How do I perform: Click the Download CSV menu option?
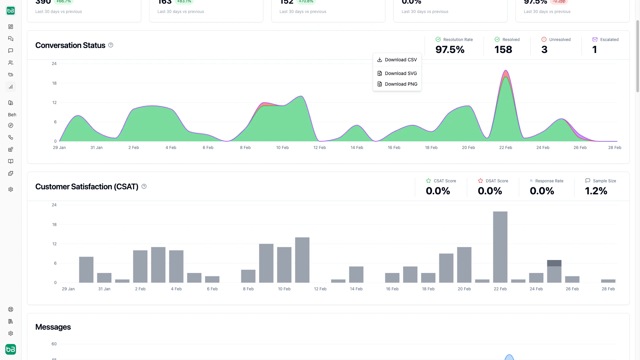pos(397,60)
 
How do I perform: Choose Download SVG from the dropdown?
pos(397,73)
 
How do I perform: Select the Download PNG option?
pos(397,84)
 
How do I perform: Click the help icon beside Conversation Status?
pos(111,45)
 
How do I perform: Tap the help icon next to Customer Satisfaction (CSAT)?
pos(144,186)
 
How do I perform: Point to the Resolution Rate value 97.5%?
pos(450,50)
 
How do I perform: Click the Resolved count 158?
pos(503,50)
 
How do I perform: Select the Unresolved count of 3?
pos(544,50)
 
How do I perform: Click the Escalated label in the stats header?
pos(609,39)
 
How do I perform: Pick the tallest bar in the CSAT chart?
pos(500,247)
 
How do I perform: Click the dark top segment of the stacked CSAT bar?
pos(554,263)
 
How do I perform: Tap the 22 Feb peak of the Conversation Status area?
pos(506,71)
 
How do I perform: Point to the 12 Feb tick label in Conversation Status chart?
pos(319,147)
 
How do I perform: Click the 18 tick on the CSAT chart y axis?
pos(54,224)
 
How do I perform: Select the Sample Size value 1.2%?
pos(596,191)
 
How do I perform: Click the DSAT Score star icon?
pos(480,181)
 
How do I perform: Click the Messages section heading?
pos(53,327)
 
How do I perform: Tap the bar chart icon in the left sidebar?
pos(11,87)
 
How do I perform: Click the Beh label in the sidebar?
pos(12,115)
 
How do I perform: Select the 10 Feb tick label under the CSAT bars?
pos(284,289)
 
